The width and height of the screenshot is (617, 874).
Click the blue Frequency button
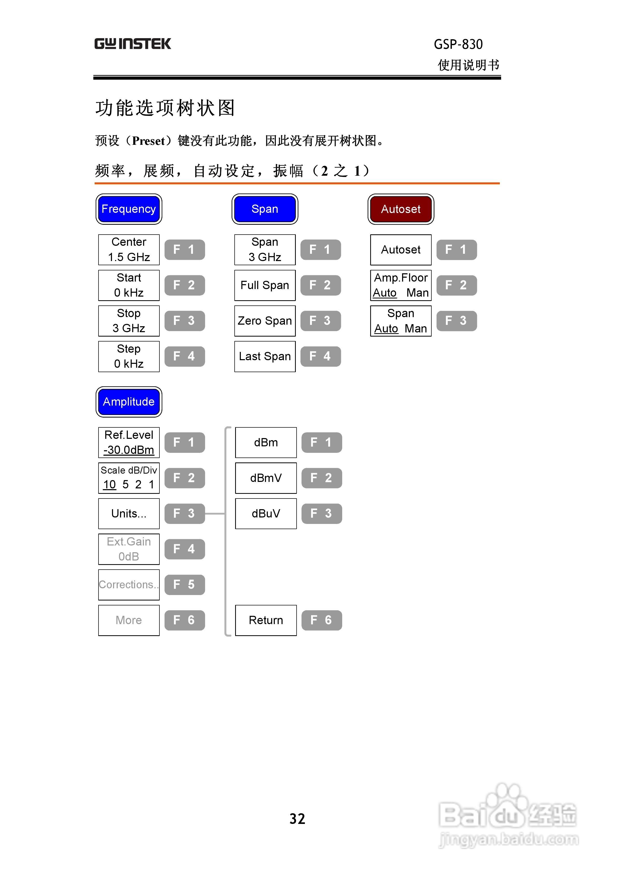[129, 209]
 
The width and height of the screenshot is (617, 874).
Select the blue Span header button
[265, 209]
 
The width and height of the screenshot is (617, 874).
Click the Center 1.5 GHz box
[129, 250]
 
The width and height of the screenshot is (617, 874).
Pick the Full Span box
[265, 285]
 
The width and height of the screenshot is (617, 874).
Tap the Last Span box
[265, 356]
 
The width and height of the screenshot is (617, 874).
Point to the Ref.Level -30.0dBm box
[129, 442]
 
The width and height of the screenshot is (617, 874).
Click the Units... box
[129, 514]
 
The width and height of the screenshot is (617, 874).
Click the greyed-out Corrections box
[129, 585]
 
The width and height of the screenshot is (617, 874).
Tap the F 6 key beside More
[185, 620]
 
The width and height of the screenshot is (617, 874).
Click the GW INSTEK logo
[132, 44]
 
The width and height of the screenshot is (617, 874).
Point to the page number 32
[297, 818]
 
